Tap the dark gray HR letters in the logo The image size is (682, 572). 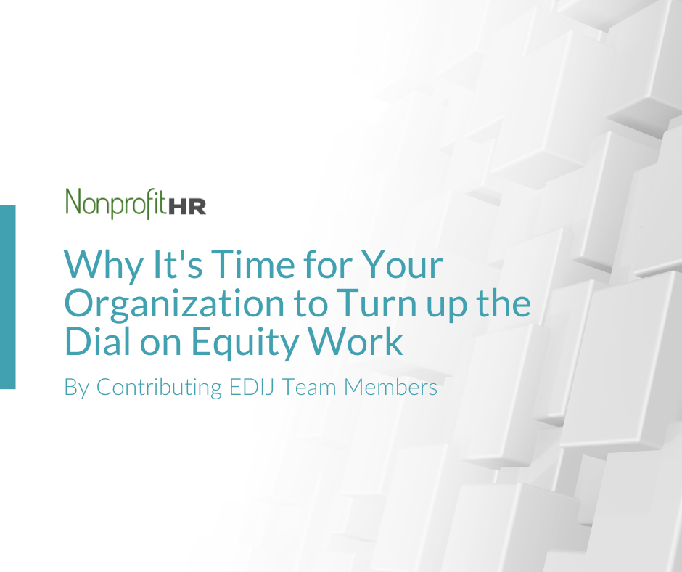coord(187,206)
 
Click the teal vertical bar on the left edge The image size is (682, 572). coord(7,297)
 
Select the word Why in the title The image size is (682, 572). coord(103,266)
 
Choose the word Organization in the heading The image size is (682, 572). coord(174,304)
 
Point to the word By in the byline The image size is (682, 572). coord(77,388)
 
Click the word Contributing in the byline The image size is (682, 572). coord(159,388)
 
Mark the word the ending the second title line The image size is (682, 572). coord(504,303)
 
